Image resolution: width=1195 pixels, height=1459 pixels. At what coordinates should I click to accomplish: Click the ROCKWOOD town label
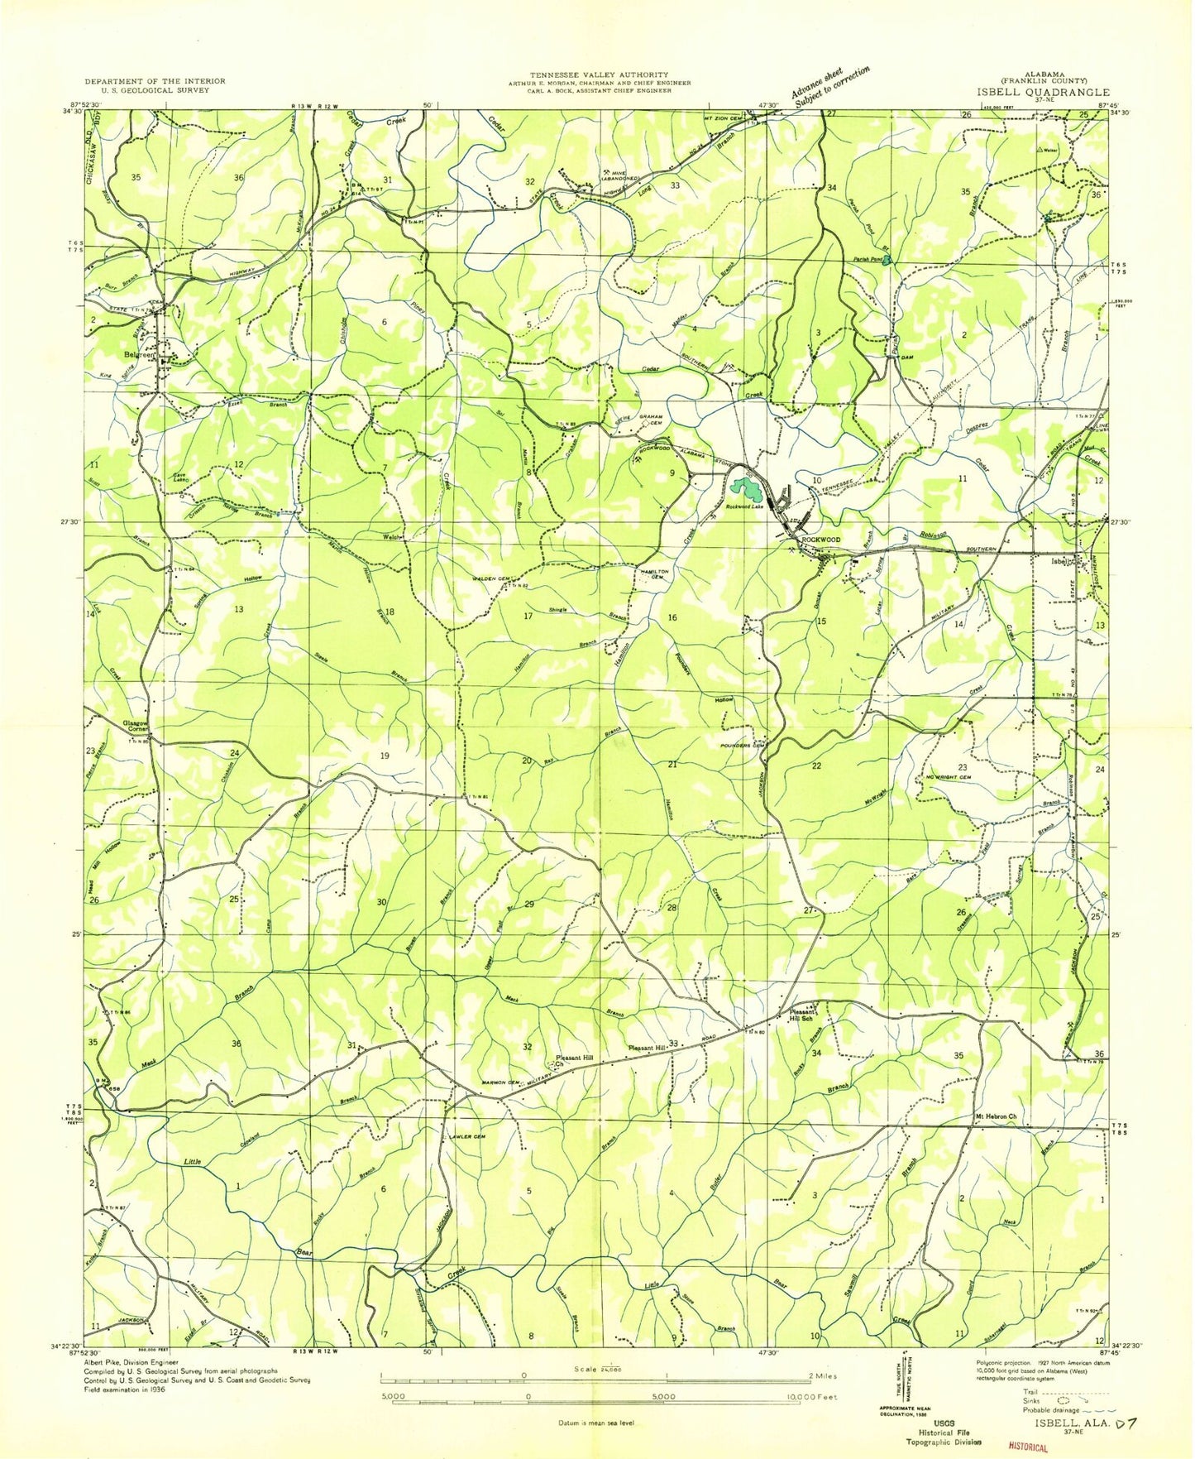tap(820, 539)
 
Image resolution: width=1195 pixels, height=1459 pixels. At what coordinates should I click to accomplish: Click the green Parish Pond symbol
tap(887, 262)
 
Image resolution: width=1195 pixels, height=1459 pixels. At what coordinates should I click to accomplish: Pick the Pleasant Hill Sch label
tap(803, 1015)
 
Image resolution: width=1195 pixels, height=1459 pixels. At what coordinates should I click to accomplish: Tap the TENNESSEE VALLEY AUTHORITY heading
tap(588, 75)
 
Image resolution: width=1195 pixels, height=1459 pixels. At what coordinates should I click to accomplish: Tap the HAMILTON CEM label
tap(652, 574)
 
